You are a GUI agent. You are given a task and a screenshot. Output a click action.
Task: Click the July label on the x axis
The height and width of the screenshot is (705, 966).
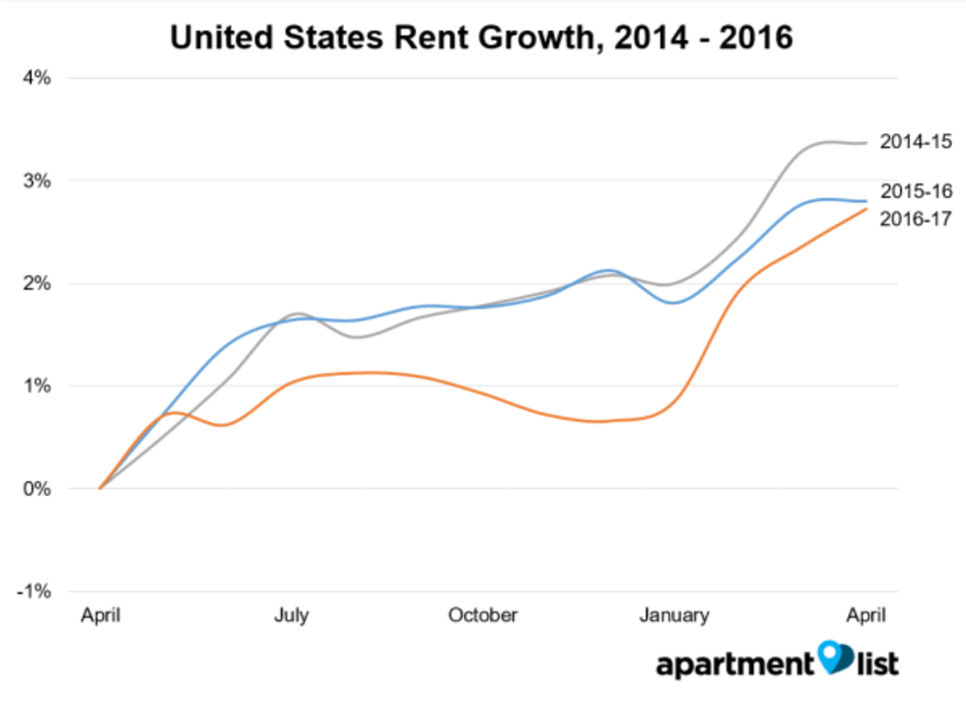coord(291,616)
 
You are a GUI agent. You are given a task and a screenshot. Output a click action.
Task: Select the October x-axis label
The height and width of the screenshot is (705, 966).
coord(482,616)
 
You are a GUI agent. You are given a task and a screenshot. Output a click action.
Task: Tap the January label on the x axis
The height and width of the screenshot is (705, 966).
coord(674,616)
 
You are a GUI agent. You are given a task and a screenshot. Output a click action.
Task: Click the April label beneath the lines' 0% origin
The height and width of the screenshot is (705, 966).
coord(101,616)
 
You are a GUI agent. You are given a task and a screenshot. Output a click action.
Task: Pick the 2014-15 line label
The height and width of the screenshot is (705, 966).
coord(916,142)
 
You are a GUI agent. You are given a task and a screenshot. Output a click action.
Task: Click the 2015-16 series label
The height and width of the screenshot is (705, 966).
coord(916,191)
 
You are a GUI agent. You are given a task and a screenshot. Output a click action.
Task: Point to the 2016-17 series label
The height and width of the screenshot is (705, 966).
coord(916,218)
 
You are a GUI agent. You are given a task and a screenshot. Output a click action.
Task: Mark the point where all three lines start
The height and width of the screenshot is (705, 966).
coord(101,488)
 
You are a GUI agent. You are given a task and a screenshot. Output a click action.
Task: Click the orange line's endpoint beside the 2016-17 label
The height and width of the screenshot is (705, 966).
coord(866,209)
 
